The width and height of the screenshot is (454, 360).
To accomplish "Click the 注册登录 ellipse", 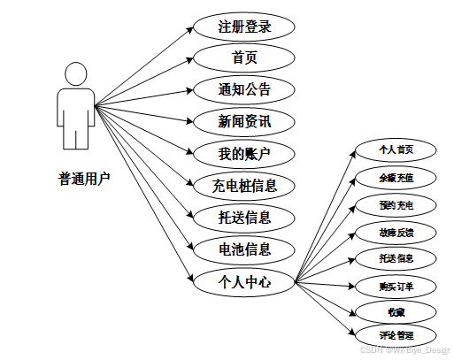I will click(x=244, y=26).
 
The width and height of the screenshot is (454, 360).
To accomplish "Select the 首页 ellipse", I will click(x=244, y=58).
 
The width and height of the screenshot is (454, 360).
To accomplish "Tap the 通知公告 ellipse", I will click(x=244, y=90).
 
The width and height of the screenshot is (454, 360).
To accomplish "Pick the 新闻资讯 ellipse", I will click(x=244, y=122).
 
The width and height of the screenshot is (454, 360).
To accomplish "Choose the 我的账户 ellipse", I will click(x=244, y=154).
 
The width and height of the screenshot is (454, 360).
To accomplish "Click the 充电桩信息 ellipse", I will click(x=244, y=186).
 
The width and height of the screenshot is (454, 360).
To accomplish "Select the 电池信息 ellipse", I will click(x=244, y=249).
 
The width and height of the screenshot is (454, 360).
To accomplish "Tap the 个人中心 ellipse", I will click(x=244, y=282).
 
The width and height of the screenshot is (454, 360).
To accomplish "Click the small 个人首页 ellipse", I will click(x=396, y=149).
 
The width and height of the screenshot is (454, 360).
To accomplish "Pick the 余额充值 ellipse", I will click(x=396, y=177).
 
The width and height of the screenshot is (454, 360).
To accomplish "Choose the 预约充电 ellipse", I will click(x=396, y=204).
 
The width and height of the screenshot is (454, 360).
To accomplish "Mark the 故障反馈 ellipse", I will click(x=396, y=232).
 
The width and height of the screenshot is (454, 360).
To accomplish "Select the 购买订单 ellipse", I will click(x=396, y=286).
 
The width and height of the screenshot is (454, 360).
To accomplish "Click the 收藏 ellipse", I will click(x=396, y=311).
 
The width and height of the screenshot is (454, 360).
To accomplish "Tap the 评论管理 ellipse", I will click(x=396, y=335).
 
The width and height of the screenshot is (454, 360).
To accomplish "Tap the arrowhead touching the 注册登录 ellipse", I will click(x=189, y=27).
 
